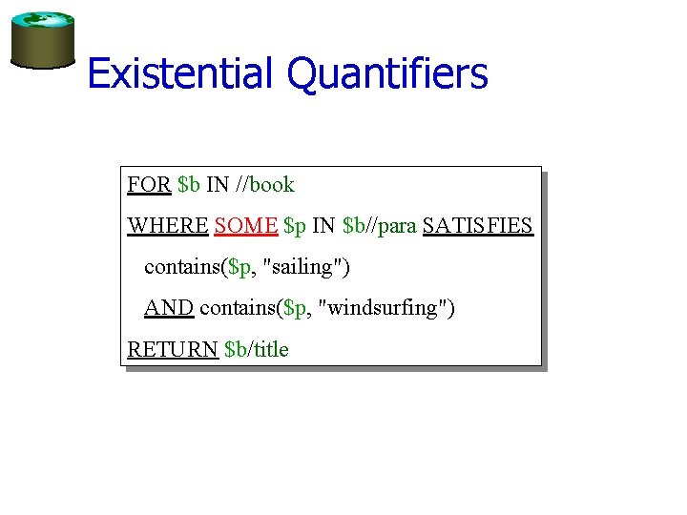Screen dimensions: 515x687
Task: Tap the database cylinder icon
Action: point(42,41)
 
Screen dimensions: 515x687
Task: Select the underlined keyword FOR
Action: point(149,185)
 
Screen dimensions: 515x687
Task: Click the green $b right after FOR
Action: point(189,185)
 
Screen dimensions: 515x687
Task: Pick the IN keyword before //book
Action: point(218,185)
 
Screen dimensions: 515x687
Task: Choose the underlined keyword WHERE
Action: point(168,226)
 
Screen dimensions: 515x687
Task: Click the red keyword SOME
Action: point(246,226)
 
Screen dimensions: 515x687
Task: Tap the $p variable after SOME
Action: point(295,226)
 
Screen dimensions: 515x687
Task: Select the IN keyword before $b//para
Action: point(323,226)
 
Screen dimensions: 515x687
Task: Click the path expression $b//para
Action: point(379,226)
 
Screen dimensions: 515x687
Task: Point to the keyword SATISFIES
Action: point(477,226)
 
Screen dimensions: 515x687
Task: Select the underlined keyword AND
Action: point(169,308)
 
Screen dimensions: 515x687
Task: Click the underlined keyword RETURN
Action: point(173,349)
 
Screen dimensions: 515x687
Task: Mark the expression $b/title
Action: point(256,349)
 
